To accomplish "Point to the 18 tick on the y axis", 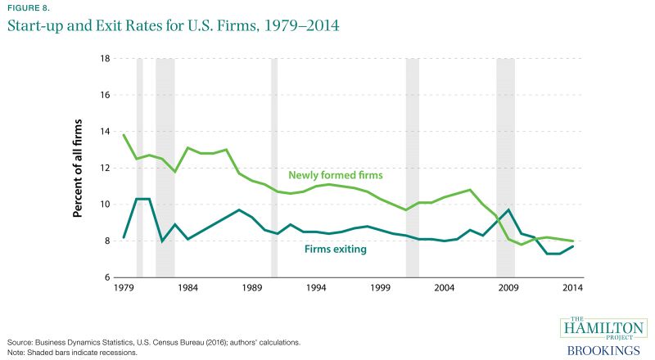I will pyautogui.click(x=105, y=59).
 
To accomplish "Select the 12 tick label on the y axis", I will pyautogui.click(x=105, y=168).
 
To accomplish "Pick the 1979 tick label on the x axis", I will pyautogui.click(x=124, y=289).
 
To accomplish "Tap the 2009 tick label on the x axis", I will pyautogui.click(x=508, y=289).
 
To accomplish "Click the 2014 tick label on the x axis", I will pyautogui.click(x=572, y=289).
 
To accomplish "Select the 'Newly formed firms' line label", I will pyautogui.click(x=337, y=175).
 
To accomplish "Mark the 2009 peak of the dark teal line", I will pyautogui.click(x=508, y=210).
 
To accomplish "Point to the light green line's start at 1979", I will pyautogui.click(x=124, y=135).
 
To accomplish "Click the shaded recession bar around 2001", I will pyautogui.click(x=412, y=168).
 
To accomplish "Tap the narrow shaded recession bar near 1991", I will pyautogui.click(x=274, y=168).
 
